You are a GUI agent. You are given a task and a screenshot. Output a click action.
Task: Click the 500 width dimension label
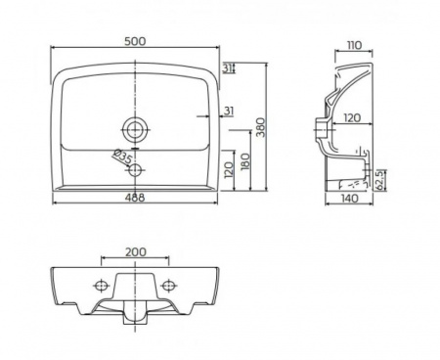tap(135, 41)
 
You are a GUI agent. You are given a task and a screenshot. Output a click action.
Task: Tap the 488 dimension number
tap(134, 198)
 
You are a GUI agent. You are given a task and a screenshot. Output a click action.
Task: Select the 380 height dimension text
tap(261, 127)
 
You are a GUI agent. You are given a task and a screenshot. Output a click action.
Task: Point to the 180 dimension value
tap(245, 161)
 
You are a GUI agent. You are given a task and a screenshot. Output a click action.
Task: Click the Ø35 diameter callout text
tap(122, 157)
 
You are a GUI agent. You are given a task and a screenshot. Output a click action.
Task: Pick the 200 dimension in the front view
tap(136, 252)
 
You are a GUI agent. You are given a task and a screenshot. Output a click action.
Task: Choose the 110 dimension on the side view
tap(355, 45)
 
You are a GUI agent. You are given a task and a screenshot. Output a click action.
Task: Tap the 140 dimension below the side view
tap(350, 199)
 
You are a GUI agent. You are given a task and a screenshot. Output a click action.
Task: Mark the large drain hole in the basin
tap(135, 129)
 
